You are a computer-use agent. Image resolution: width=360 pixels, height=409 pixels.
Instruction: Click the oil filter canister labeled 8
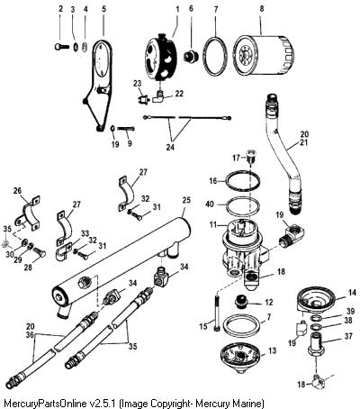pos(264,56)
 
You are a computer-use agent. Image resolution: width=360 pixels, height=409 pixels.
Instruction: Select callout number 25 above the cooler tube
pos(186,200)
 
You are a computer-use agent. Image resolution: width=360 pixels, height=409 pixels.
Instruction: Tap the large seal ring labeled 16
pos(243,181)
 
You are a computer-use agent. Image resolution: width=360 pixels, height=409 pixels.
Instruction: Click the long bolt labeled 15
pos(217,313)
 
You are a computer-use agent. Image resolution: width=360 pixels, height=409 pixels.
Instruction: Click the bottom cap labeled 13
pos(239,359)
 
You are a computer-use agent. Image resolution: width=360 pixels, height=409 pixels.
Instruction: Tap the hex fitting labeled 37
pos(316,345)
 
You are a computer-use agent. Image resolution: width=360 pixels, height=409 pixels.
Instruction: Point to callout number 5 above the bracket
pos(103,9)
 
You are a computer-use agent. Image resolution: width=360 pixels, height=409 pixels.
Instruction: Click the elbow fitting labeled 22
pos(158,97)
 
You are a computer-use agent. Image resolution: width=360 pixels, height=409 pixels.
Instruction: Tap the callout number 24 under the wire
pos(170,147)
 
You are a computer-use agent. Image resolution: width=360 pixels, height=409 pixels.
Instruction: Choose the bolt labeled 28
pos(39,252)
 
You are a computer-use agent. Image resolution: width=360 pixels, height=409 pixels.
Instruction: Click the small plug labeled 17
pos(251,156)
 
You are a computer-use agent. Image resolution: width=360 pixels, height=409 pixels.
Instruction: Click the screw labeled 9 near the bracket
pos(126,129)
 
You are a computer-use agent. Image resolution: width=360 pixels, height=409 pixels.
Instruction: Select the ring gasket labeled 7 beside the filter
pos(216,55)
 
